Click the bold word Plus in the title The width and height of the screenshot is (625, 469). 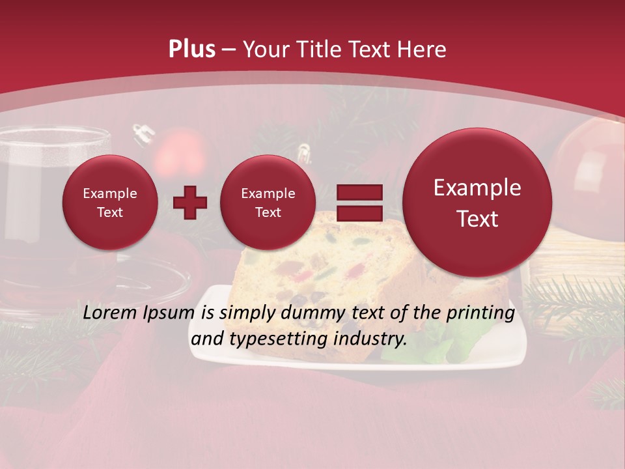pos(191,50)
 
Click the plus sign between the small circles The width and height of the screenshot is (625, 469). pos(189,203)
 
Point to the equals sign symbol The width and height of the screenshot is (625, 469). pos(359,203)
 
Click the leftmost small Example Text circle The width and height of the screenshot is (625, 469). pos(109,203)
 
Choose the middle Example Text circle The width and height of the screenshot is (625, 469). pos(268,203)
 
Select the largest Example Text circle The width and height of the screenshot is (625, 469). pos(477,203)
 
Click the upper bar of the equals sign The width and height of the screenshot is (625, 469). pos(359,192)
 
